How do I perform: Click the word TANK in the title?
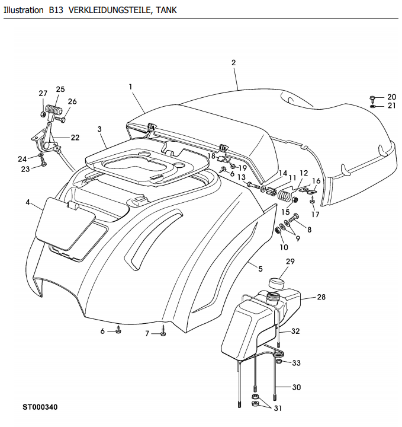tap(166, 10)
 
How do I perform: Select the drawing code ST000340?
tap(40, 407)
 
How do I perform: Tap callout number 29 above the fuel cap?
tap(290, 262)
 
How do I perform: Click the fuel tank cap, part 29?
tap(276, 283)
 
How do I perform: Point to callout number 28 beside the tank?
tap(321, 297)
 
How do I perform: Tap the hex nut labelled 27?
tap(43, 114)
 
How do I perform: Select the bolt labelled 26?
tap(60, 119)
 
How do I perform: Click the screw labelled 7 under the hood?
tap(163, 330)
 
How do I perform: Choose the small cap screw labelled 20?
tap(372, 98)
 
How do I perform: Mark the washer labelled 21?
tap(372, 106)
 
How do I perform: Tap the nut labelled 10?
tap(278, 230)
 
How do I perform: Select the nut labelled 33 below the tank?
tap(279, 362)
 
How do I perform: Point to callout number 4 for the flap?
tap(28, 203)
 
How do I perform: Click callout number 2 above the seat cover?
tap(233, 63)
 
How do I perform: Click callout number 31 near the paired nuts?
tap(278, 409)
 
